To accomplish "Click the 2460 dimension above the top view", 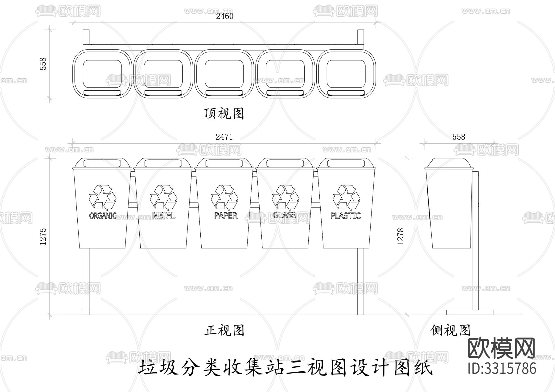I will point(224,16).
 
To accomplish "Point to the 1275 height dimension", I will point(43,236).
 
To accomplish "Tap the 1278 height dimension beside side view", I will point(401,236).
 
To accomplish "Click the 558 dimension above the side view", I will point(458,137).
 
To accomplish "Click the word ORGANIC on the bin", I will point(103,215).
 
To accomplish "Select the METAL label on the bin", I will point(164,215).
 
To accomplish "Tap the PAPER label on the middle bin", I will point(226,215).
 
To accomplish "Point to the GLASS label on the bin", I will point(285,215).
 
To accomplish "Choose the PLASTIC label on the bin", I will point(345,215).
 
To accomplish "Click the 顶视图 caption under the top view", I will point(224,114).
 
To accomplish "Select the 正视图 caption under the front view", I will point(224,331).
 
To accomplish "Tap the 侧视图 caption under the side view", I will point(450,331).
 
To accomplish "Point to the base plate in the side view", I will point(470,312).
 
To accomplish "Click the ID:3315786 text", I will point(502,369).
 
